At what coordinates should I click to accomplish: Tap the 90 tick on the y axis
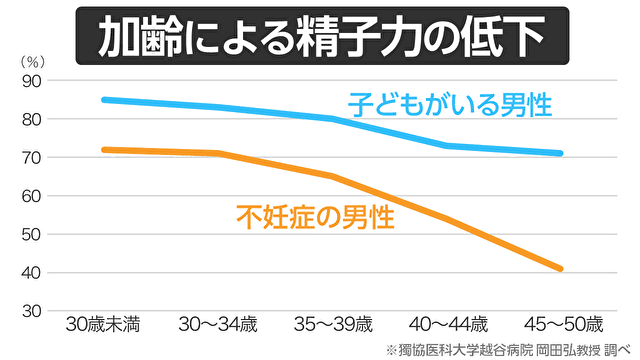click(x=29, y=81)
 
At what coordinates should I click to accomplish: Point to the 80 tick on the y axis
click(x=29, y=119)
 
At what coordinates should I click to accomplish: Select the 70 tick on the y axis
click(x=29, y=158)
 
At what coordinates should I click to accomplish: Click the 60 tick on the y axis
click(x=29, y=196)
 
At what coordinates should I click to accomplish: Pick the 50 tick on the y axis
click(x=29, y=234)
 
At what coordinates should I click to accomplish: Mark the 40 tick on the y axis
click(x=29, y=273)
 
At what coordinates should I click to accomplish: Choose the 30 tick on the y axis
click(x=29, y=311)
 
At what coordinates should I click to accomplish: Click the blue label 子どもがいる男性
click(x=450, y=104)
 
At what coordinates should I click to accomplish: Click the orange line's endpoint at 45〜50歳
click(x=562, y=269)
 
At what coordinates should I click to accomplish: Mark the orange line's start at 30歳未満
click(x=104, y=150)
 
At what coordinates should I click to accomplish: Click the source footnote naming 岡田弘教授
click(x=506, y=349)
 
